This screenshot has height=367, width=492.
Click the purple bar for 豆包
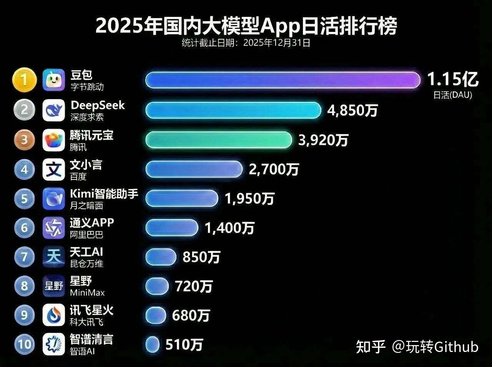tap(283, 80)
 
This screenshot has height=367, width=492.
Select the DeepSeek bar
tap(233, 110)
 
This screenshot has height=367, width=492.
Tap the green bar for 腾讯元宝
tap(218, 140)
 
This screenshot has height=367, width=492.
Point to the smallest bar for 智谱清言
tap(153, 344)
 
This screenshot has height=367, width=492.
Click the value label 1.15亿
tap(453, 80)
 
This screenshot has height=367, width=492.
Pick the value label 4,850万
tap(352, 111)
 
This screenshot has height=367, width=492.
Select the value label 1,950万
tap(249, 199)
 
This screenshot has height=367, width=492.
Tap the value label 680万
tap(191, 316)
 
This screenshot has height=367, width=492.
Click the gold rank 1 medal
tap(25, 80)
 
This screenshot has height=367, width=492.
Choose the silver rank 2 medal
tap(25, 110)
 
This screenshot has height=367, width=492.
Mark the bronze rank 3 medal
tap(25, 140)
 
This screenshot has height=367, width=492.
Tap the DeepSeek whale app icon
tap(54, 110)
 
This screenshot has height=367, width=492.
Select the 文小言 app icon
tap(54, 169)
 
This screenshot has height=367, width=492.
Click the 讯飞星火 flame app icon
tap(54, 315)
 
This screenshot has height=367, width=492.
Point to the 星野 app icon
tap(54, 286)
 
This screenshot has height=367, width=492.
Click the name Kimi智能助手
tap(104, 194)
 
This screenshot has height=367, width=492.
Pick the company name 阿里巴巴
tap(86, 234)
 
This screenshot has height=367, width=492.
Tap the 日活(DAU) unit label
tap(452, 95)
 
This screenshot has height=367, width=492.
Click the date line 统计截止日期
tap(246, 43)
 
